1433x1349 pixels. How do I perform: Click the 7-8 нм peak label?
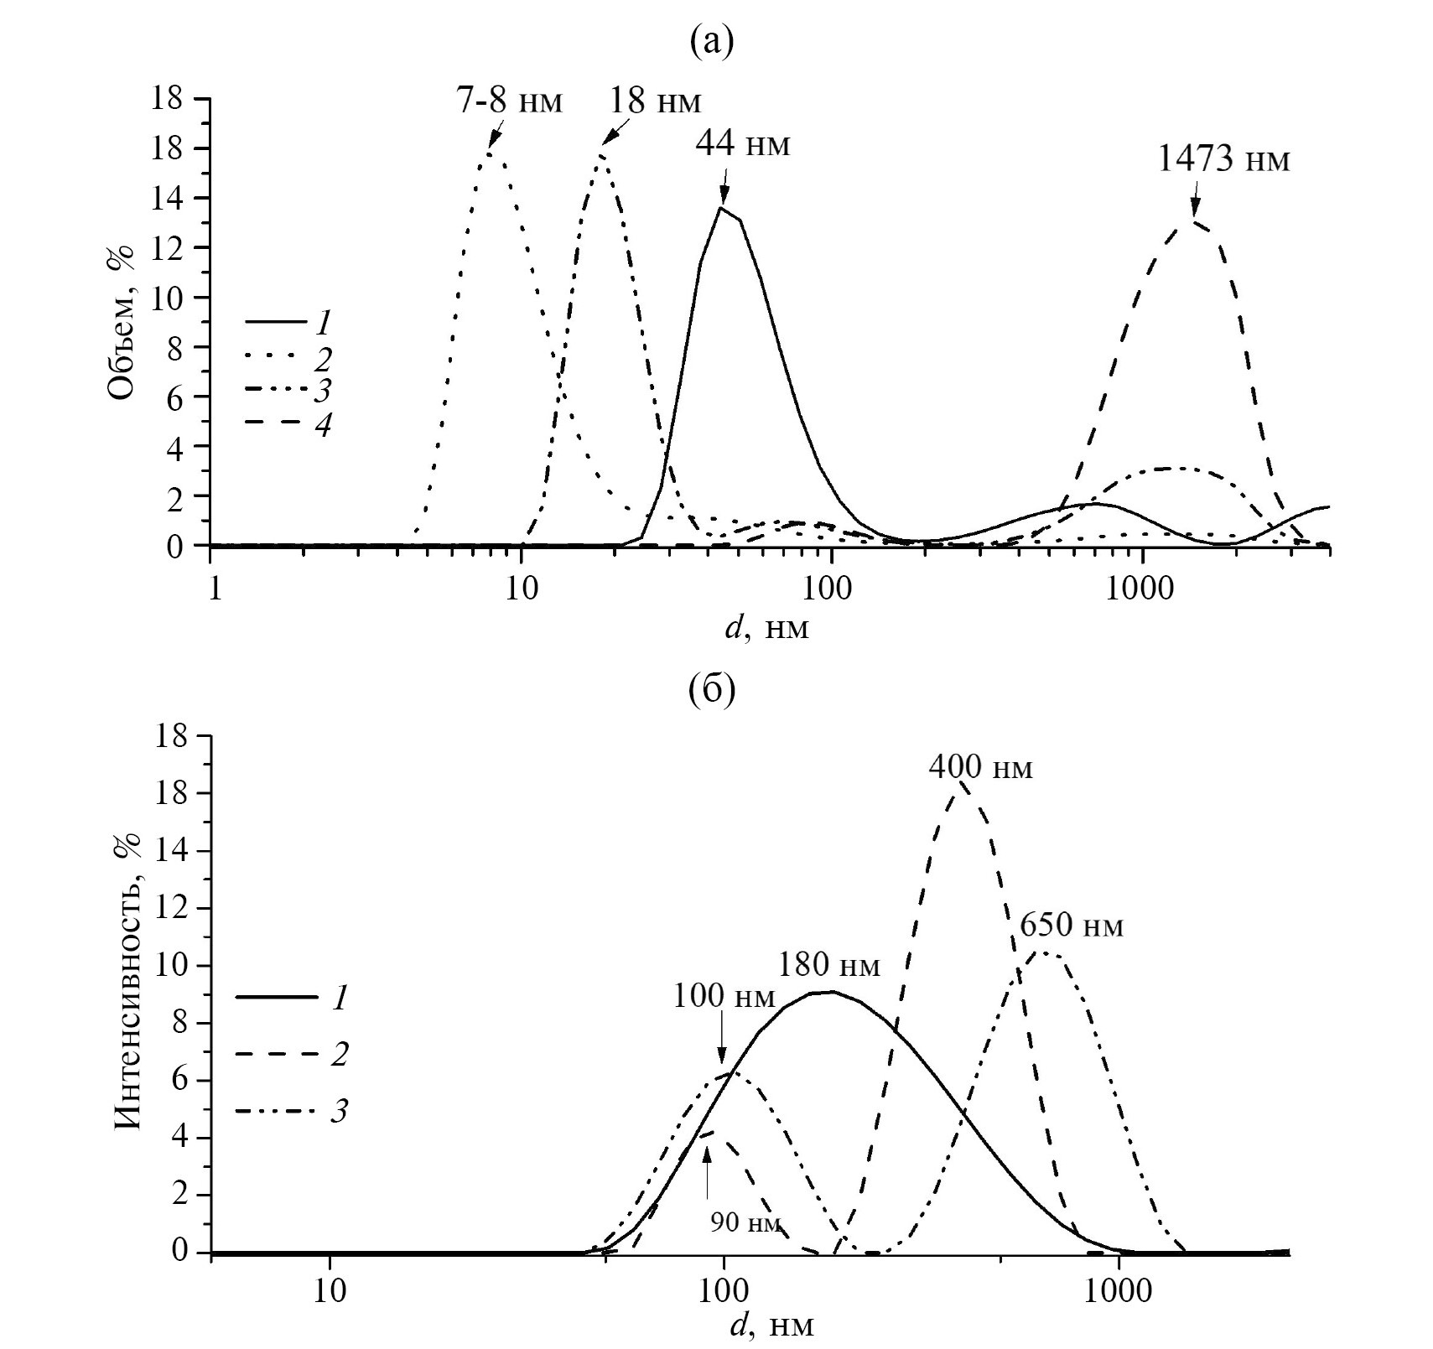pyautogui.click(x=507, y=101)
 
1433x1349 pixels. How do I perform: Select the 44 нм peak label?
pyautogui.click(x=742, y=143)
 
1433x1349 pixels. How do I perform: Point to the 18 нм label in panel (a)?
pyautogui.click(x=651, y=101)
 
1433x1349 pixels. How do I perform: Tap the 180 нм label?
pyautogui.click(x=828, y=964)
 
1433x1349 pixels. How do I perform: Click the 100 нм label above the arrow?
pyautogui.click(x=724, y=996)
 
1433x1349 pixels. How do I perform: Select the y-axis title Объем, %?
pyautogui.click(x=122, y=323)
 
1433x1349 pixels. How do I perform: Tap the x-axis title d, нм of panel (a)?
pyautogui.click(x=766, y=626)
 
